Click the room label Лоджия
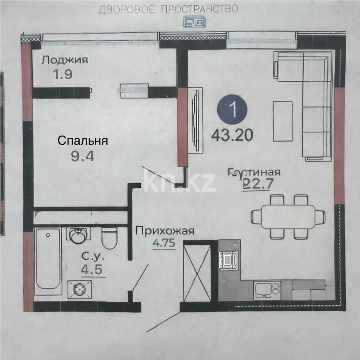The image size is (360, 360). [65, 60]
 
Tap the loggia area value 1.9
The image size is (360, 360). [62, 75]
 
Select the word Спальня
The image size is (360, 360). [83, 141]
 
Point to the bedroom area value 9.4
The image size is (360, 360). [82, 156]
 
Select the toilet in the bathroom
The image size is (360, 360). [109, 237]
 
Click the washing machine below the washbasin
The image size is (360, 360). [80, 289]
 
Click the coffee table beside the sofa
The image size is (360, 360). [282, 120]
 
